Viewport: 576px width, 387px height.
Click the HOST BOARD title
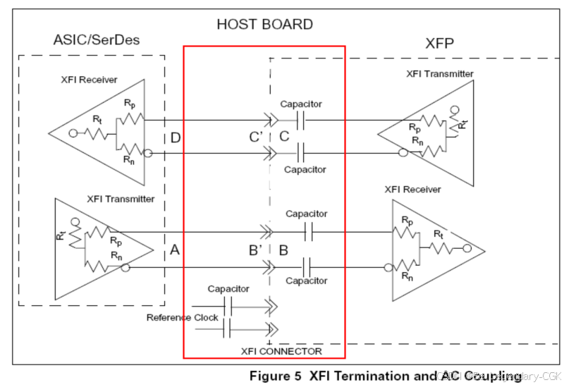[x=264, y=24]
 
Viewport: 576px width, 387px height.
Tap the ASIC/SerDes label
[x=97, y=39]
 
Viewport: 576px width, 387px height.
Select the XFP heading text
[x=439, y=44]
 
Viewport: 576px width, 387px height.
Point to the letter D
[x=176, y=137]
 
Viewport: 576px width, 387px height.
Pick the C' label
[x=256, y=137]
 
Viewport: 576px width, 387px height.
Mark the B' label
[x=256, y=250]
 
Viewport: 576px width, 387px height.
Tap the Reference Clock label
[x=182, y=317]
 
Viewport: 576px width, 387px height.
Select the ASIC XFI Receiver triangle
[x=106, y=131]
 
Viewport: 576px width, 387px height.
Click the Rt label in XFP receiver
[x=438, y=233]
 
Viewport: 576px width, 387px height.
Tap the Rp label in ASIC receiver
[x=130, y=103]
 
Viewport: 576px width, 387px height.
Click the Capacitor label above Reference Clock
[x=228, y=289]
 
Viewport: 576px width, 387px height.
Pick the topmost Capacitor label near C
[x=301, y=104]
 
